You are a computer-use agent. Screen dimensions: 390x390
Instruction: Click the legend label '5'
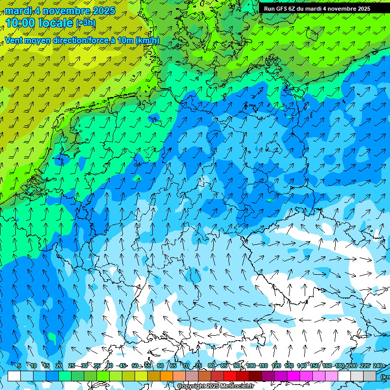[19, 366]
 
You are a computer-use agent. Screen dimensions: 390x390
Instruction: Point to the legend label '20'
[59, 366]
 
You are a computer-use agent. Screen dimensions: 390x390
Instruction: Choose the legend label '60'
[160, 366]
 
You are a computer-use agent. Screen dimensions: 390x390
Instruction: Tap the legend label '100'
[251, 366]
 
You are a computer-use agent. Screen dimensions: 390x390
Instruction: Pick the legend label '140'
[302, 366]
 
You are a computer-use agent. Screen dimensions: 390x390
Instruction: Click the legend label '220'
[365, 366]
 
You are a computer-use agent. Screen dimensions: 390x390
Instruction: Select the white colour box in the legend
[14, 376]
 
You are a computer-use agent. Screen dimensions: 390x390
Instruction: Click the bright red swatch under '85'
[230, 376]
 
